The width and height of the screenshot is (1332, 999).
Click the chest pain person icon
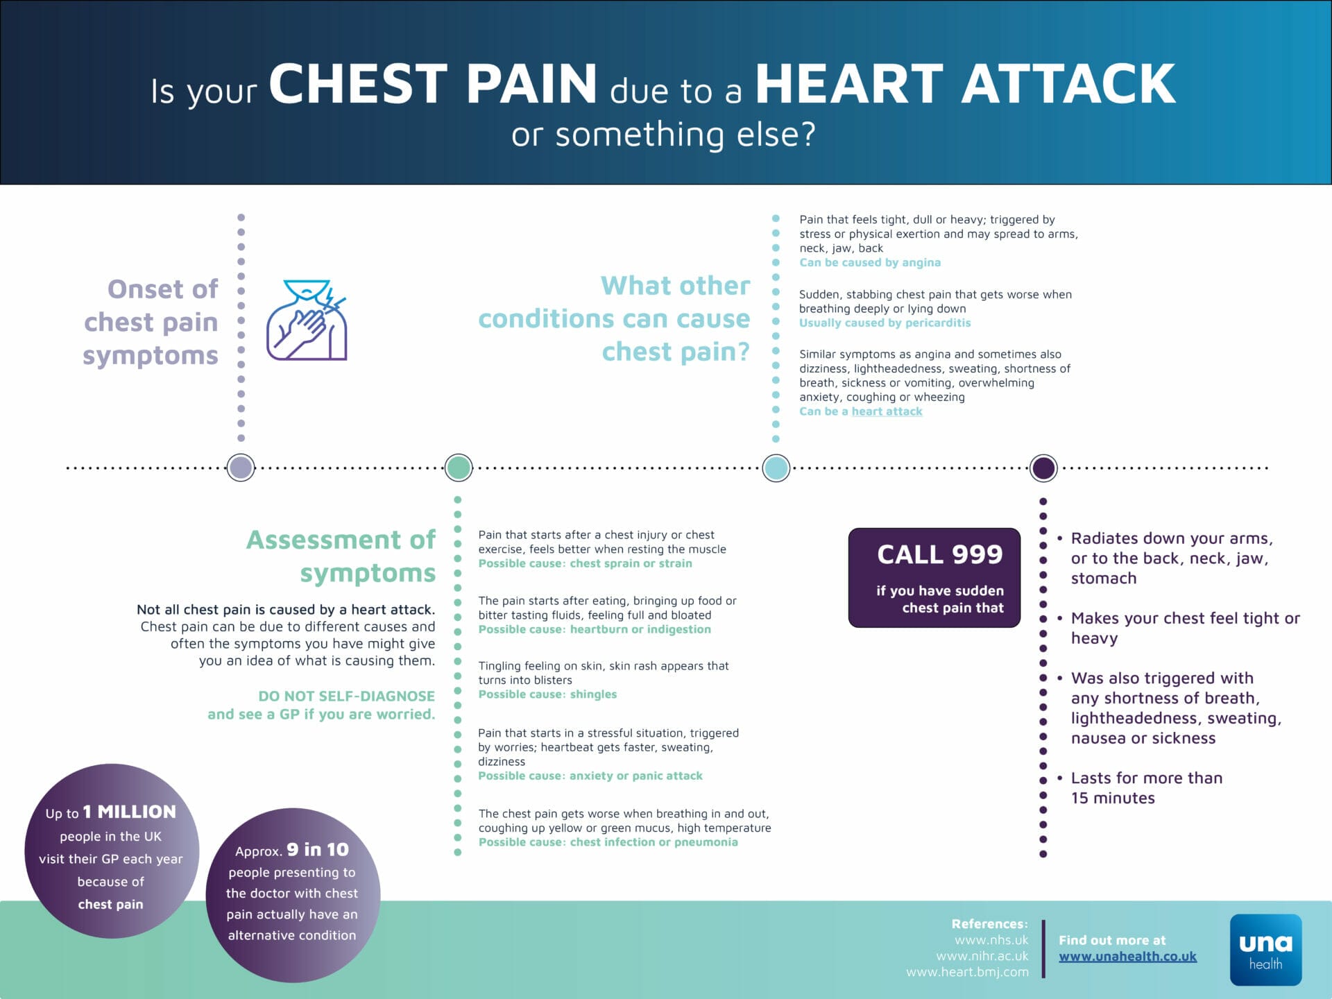[307, 320]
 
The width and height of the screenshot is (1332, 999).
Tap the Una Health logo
[1265, 950]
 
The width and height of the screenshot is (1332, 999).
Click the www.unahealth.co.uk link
[1127, 956]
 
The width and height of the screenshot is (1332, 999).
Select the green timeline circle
[458, 468]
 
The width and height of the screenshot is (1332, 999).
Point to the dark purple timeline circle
[1043, 468]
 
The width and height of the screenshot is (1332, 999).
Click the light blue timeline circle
[776, 468]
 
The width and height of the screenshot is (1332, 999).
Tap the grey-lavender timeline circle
[241, 468]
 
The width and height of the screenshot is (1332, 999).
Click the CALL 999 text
[939, 554]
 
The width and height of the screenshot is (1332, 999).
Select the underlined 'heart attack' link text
[887, 411]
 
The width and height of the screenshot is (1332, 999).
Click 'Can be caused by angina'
[870, 262]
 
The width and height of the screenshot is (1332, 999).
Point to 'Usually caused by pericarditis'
[885, 323]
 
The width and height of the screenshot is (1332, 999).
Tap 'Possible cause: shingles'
[547, 694]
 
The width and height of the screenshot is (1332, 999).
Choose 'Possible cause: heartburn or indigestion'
[595, 629]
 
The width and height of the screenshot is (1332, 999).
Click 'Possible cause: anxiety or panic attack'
[590, 776]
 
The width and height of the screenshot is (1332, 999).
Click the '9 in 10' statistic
[318, 850]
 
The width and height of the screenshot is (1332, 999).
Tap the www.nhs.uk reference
[991, 940]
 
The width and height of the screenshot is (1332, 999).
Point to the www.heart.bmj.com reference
[967, 972]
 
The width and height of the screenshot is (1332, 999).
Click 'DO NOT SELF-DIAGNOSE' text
[347, 696]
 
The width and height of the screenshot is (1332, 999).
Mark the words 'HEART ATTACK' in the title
[965, 83]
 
